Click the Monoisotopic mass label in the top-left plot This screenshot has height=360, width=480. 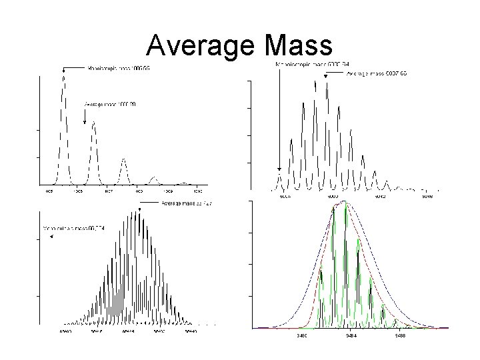click(112, 68)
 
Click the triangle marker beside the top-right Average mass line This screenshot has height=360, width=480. click(325, 77)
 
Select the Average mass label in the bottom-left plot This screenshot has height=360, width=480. click(186, 203)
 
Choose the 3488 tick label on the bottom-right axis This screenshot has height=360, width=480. click(399, 335)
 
